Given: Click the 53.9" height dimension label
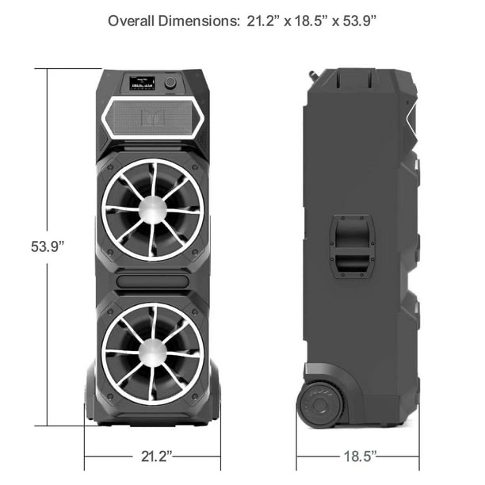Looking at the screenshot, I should point(43,246).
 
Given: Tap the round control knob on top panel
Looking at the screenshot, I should point(171,82).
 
